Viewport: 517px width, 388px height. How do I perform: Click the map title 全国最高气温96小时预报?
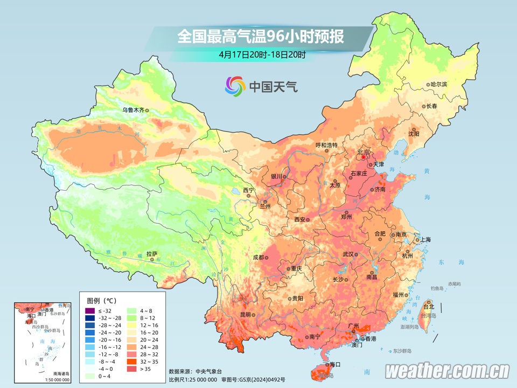(261, 37)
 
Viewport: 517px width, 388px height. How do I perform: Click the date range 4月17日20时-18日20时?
(262, 54)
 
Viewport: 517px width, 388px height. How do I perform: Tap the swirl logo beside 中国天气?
(235, 86)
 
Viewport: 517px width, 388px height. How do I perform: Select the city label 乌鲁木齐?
(132, 110)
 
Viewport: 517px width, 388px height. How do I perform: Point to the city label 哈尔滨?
(438, 85)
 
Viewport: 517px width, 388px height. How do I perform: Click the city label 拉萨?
(151, 253)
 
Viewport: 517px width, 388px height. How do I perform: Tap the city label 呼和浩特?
(326, 145)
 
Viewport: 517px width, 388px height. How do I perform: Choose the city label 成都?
(258, 258)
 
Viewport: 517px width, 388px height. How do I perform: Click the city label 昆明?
(246, 314)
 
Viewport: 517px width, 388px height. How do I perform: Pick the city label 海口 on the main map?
(335, 364)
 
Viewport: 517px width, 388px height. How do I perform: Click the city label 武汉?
(348, 254)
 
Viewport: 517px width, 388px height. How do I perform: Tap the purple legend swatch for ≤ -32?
(89, 311)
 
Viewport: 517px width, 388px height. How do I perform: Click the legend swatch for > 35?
(131, 369)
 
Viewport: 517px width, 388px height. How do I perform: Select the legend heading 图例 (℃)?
(101, 300)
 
